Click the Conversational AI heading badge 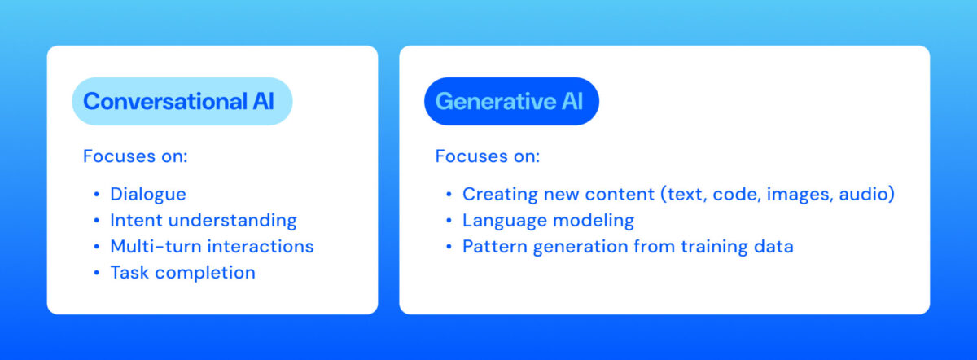(x=182, y=102)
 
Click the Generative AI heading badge (x=511, y=102)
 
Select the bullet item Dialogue (x=148, y=195)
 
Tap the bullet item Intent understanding (x=204, y=221)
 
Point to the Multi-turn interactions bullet (x=212, y=246)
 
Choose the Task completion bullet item (x=182, y=272)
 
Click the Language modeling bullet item (x=548, y=221)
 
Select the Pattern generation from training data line (x=628, y=246)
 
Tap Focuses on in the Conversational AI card (x=135, y=156)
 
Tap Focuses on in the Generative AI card (x=488, y=156)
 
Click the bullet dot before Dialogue (x=97, y=195)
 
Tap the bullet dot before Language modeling (x=449, y=221)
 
